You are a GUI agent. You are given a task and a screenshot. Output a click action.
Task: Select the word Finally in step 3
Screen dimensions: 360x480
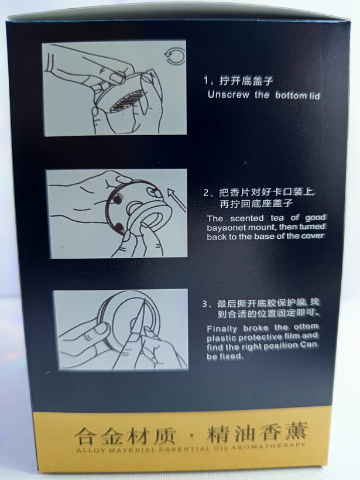click(222, 329)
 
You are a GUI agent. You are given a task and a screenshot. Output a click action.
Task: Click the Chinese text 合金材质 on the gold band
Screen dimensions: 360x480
click(125, 436)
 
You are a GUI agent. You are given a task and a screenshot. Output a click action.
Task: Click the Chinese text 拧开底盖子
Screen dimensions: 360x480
click(246, 81)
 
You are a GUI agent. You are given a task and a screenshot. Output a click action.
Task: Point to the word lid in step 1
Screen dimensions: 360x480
click(314, 96)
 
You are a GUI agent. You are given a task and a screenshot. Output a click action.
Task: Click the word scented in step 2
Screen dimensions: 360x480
click(246, 218)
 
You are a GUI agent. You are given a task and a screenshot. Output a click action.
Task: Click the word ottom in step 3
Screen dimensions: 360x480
click(306, 327)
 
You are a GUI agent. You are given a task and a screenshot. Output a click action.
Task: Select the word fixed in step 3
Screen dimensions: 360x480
click(231, 356)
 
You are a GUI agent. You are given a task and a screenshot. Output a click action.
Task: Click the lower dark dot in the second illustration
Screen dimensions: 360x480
click(119, 227)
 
